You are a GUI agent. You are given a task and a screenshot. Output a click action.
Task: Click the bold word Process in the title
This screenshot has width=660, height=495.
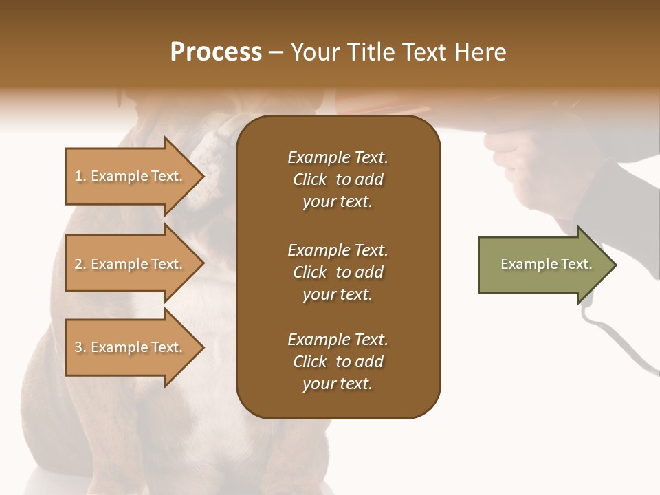pos(216,52)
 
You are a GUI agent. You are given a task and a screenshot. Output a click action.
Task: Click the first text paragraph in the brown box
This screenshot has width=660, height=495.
pos(338,179)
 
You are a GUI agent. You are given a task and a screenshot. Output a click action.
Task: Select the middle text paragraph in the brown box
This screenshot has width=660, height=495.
pos(338,272)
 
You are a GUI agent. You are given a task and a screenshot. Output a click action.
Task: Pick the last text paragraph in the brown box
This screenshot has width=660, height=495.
pos(338,362)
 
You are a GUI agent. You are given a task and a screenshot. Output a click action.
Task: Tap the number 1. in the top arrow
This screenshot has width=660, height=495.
pos(80,176)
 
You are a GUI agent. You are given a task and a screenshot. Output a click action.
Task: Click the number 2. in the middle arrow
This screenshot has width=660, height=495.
pos(80,264)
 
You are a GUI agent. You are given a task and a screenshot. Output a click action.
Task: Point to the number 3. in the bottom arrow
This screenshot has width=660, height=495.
pos(80,347)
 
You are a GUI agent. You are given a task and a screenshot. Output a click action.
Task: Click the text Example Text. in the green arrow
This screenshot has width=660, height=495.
pos(547,264)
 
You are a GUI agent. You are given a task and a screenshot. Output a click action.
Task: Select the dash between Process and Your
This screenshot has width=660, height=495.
pos(276,53)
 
